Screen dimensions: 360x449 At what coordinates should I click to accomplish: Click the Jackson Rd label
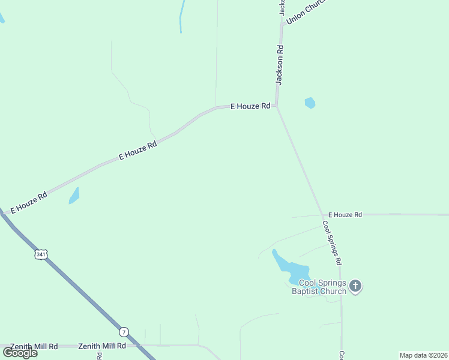[x=280, y=64]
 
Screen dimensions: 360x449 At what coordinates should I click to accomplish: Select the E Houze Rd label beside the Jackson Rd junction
[x=250, y=106]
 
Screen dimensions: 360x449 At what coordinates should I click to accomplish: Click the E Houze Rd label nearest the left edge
[x=29, y=202]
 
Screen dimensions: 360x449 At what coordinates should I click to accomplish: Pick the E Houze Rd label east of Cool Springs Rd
[x=345, y=214]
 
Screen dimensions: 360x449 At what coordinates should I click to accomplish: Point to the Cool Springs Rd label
[x=332, y=243]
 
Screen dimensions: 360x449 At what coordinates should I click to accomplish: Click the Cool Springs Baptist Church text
[x=319, y=287]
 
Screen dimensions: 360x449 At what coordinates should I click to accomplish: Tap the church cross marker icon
[x=355, y=286]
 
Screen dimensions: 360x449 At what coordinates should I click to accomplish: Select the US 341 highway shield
[x=40, y=254]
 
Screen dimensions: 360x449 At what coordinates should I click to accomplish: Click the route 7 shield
[x=124, y=331]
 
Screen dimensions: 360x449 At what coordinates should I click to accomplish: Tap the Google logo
[x=20, y=352]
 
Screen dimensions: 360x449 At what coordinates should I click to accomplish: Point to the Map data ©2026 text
[x=423, y=355]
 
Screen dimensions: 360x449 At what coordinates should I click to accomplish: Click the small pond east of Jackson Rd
[x=310, y=103]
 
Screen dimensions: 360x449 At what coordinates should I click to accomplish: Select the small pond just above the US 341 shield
[x=74, y=196]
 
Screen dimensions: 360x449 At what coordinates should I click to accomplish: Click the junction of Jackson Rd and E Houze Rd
[x=276, y=106]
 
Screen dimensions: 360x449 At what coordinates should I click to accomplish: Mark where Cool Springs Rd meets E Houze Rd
[x=323, y=214]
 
